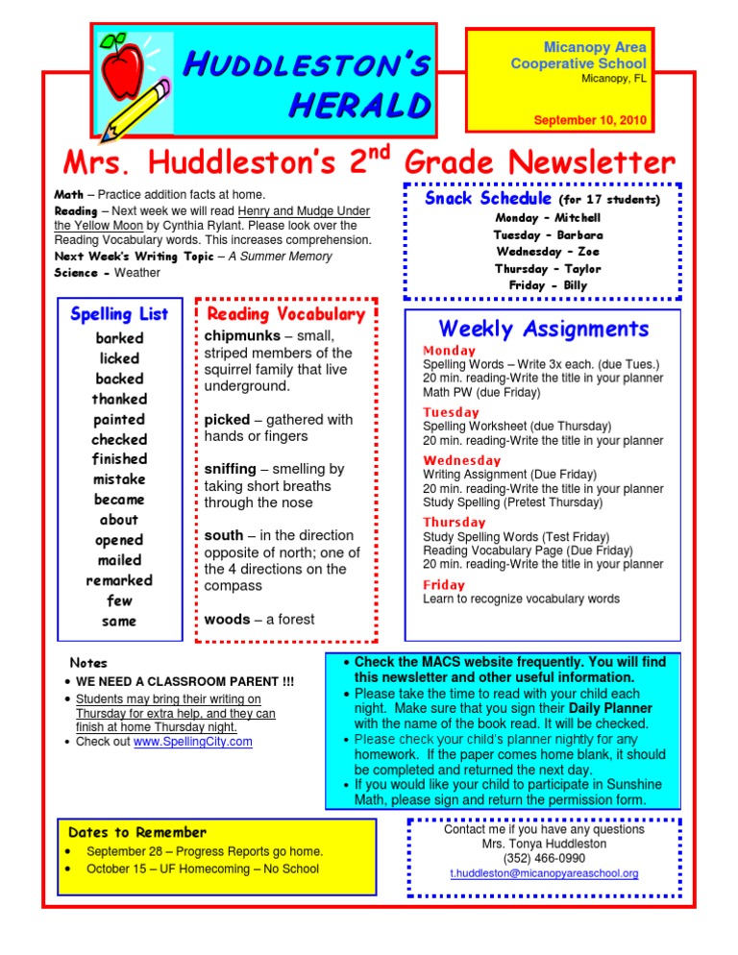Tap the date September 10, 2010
click(590, 121)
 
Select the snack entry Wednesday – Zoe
click(548, 251)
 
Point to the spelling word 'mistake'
click(119, 478)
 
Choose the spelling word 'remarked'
click(119, 580)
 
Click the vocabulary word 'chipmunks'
click(242, 336)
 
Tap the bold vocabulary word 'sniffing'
click(231, 469)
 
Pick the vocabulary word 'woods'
click(226, 620)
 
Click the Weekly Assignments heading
click(544, 329)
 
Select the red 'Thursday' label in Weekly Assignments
click(455, 523)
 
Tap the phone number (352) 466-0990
click(544, 858)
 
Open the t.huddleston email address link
click(544, 874)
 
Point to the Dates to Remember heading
click(137, 832)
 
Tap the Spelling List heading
click(119, 314)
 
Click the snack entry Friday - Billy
click(548, 285)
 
